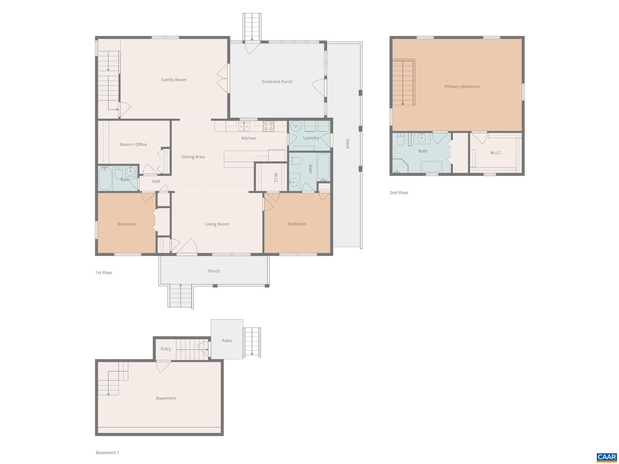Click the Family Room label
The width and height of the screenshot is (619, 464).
click(173, 80)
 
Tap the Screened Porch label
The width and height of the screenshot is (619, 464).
click(277, 82)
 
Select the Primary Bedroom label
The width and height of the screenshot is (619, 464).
click(462, 86)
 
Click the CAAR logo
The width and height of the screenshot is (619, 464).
click(606, 457)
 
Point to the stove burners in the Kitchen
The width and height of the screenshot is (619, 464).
click(268, 126)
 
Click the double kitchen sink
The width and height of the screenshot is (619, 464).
click(244, 126)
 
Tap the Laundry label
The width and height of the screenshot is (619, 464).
click(311, 138)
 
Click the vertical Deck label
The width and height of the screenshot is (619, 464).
click(348, 144)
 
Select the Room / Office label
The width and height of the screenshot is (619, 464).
click(133, 144)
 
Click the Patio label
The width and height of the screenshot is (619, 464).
click(227, 341)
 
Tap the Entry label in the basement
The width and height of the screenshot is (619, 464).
click(166, 349)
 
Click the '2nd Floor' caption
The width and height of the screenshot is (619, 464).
click(399, 193)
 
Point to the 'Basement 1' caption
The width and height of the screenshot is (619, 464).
click(107, 453)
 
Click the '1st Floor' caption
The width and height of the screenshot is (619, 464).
click(104, 273)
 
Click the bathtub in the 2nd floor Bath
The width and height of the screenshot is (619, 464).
click(432, 167)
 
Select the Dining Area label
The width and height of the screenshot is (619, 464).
click(193, 157)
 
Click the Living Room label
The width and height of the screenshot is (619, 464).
click(217, 224)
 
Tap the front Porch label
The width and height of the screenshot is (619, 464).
click(214, 271)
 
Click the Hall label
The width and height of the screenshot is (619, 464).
click(156, 181)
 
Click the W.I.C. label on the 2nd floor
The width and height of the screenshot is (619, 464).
click(496, 153)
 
